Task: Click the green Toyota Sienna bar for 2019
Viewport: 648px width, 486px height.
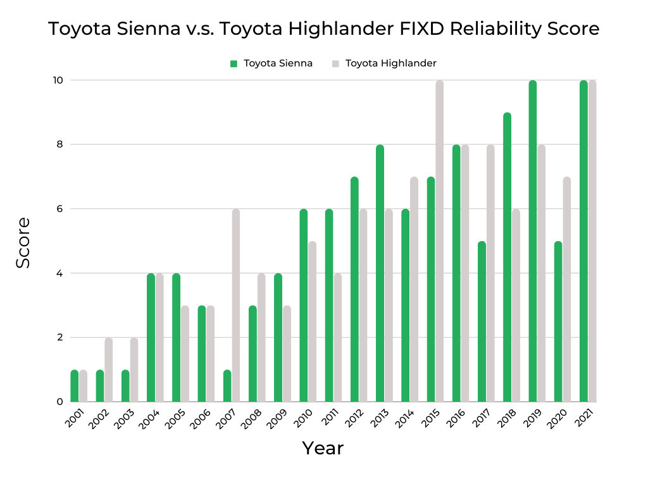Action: (533, 241)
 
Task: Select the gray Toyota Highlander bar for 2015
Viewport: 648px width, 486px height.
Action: (440, 241)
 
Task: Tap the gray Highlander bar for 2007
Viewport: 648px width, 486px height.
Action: (236, 306)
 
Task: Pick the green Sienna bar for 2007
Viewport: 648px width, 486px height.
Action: (227, 385)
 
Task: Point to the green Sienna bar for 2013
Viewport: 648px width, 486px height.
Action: (380, 273)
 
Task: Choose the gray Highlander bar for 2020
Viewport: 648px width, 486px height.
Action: (567, 289)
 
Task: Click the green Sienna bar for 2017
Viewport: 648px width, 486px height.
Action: (482, 321)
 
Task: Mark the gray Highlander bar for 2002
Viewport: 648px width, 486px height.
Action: (109, 370)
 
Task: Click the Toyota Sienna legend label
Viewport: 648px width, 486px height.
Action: (278, 63)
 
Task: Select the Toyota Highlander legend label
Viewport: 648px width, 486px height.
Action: (390, 63)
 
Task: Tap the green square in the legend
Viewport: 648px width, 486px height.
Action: (234, 63)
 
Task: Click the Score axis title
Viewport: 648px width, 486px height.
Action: (23, 242)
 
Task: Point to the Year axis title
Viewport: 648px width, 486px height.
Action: (323, 448)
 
